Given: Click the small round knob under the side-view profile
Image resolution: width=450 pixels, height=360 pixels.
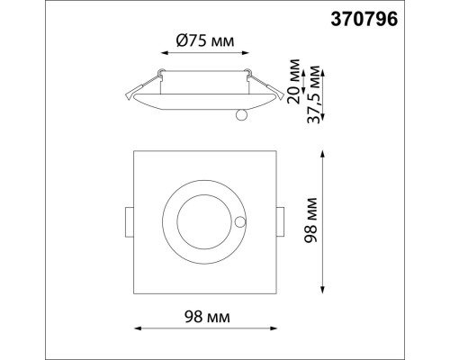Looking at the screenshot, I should coord(239,113).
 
